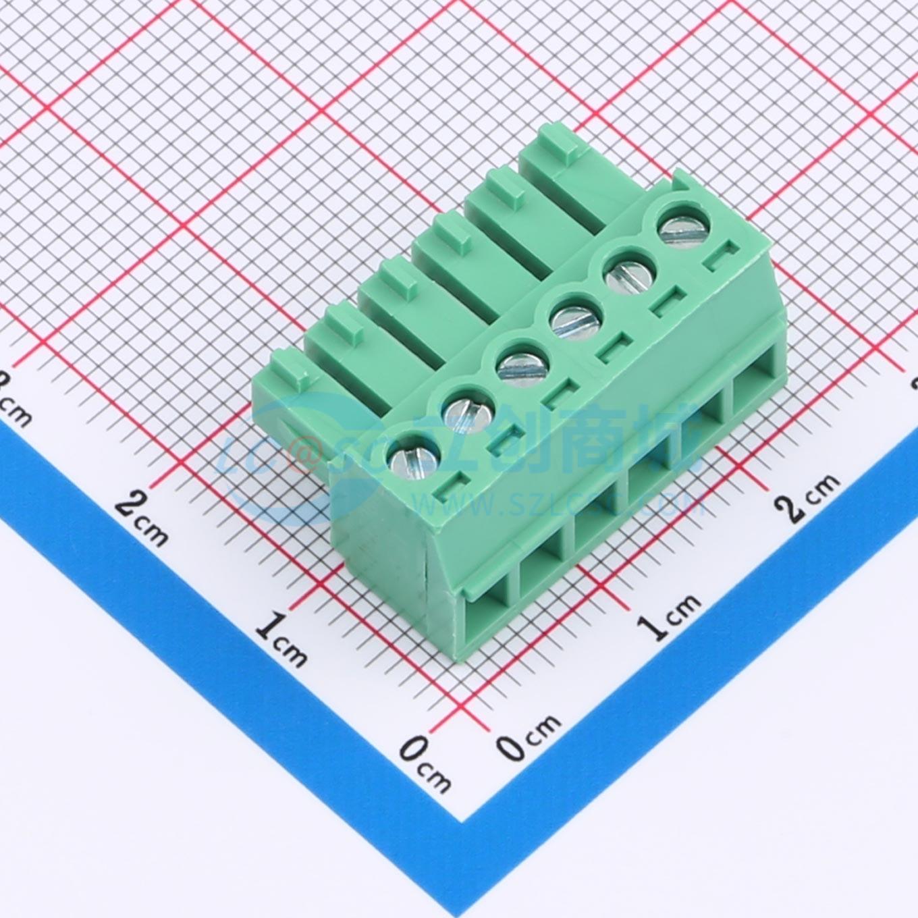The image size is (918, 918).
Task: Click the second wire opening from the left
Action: [x=540, y=567]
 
